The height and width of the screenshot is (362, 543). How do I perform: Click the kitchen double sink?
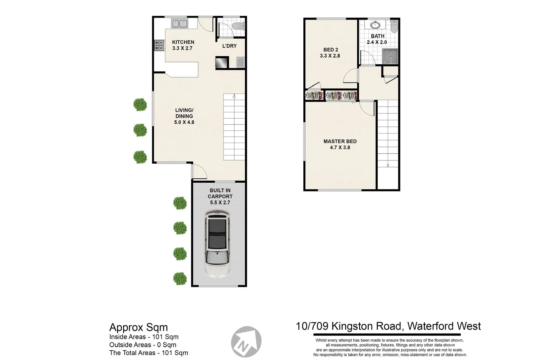click(x=180, y=23)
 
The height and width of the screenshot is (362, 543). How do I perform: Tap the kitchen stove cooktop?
click(x=159, y=45)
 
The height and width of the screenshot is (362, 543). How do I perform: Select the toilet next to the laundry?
click(x=239, y=26)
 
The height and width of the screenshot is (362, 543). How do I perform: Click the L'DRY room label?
click(x=229, y=46)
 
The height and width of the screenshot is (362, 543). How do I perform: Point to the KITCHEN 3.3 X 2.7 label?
click(x=183, y=45)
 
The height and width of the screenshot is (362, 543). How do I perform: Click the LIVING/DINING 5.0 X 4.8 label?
click(x=184, y=116)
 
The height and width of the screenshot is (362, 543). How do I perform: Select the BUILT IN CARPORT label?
click(x=220, y=193)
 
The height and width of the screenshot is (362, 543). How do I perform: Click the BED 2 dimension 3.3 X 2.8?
click(x=330, y=56)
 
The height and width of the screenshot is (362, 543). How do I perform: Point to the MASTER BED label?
click(x=340, y=141)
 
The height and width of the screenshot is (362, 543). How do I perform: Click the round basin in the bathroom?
click(x=375, y=25)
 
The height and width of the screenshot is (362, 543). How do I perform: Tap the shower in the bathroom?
click(x=390, y=57)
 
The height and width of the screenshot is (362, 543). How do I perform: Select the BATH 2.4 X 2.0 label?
click(x=377, y=39)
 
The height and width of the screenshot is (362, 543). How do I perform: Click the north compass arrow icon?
click(x=246, y=342)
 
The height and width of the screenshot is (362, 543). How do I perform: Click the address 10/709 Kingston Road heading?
click(x=388, y=326)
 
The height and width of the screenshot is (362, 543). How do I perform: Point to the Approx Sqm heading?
click(x=138, y=327)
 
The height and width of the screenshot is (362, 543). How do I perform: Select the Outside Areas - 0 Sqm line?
click(x=142, y=345)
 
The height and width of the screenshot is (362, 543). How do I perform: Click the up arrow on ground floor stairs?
click(x=234, y=97)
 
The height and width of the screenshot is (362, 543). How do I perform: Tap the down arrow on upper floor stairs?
click(x=388, y=165)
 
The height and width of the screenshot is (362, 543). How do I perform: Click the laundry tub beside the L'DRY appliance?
click(x=240, y=62)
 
